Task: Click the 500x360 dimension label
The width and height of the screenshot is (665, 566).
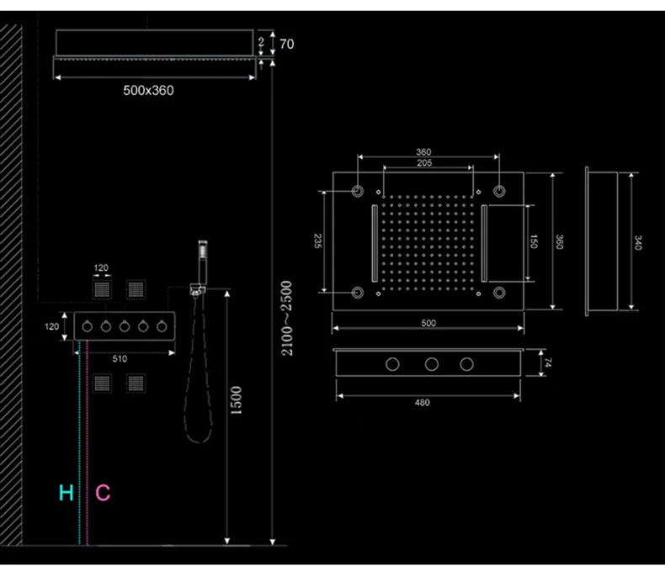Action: pyautogui.click(x=148, y=90)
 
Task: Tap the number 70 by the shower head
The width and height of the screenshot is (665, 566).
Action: pyautogui.click(x=287, y=44)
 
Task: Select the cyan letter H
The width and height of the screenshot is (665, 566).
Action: pyautogui.click(x=66, y=493)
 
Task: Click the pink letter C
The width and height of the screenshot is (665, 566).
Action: pyautogui.click(x=103, y=493)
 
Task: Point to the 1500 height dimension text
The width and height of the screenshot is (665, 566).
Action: pyautogui.click(x=236, y=400)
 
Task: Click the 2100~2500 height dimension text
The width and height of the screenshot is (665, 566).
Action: pyautogui.click(x=287, y=318)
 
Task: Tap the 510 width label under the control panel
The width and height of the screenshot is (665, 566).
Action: pyautogui.click(x=120, y=359)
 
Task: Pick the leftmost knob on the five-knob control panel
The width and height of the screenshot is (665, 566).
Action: pyautogui.click(x=88, y=326)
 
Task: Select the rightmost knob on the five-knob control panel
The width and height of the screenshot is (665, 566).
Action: pyautogui.click(x=162, y=326)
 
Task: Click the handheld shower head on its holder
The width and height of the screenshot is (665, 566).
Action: pyautogui.click(x=203, y=262)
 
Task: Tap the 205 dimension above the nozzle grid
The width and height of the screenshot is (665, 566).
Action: pyautogui.click(x=424, y=163)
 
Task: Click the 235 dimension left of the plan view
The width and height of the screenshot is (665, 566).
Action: pyautogui.click(x=317, y=241)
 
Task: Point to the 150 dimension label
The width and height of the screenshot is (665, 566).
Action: pyautogui.click(x=534, y=241)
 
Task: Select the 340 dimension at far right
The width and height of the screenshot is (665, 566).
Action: pyautogui.click(x=638, y=243)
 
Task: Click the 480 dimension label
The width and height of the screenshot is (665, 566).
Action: pyautogui.click(x=423, y=403)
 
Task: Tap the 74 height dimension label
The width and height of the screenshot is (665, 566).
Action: pyautogui.click(x=548, y=362)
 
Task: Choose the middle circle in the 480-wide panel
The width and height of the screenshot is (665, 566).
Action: pyautogui.click(x=432, y=364)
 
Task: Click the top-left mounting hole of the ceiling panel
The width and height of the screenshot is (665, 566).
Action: pyautogui.click(x=358, y=191)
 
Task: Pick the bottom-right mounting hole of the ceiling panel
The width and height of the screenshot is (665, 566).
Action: pyautogui.click(x=499, y=293)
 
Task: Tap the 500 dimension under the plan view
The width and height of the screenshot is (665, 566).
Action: pyautogui.click(x=428, y=323)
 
